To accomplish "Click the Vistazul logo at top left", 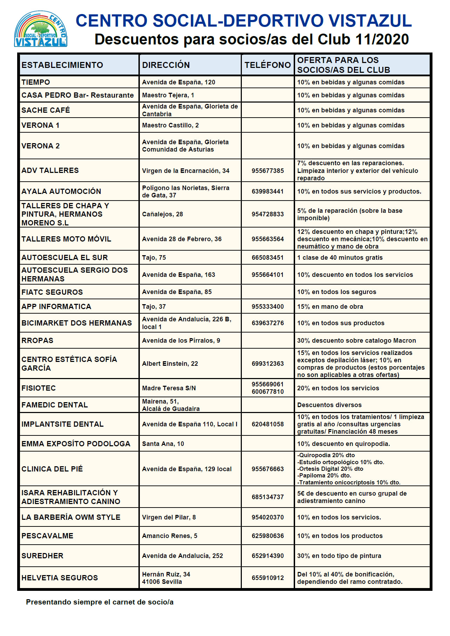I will pos(41,29).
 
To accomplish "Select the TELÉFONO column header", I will pos(267,65).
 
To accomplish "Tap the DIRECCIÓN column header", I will pos(166,65).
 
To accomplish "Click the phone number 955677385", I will pos(267,171).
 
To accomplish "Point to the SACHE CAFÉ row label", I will pos(46,110).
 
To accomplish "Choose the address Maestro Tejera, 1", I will pos(168,95).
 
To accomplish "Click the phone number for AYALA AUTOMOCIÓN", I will pos(267,191).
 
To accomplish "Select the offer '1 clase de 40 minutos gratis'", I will pos(340,258).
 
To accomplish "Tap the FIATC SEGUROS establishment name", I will pos(52,292).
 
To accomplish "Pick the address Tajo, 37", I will pos(154,307).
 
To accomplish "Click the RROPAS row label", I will pos(37,341).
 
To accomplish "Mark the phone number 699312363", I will pos(267,364).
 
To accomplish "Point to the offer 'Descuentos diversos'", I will pos(329,405).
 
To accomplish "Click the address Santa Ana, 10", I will pos(163,444).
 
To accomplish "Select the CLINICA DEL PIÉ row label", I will pos(52,469).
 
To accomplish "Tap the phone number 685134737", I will pos(267,497).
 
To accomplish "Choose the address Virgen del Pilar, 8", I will pos(169,517).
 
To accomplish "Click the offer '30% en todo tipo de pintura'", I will pos(339,556).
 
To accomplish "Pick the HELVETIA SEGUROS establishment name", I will pos(60,578).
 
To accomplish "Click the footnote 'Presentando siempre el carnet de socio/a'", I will pos(100,602).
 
